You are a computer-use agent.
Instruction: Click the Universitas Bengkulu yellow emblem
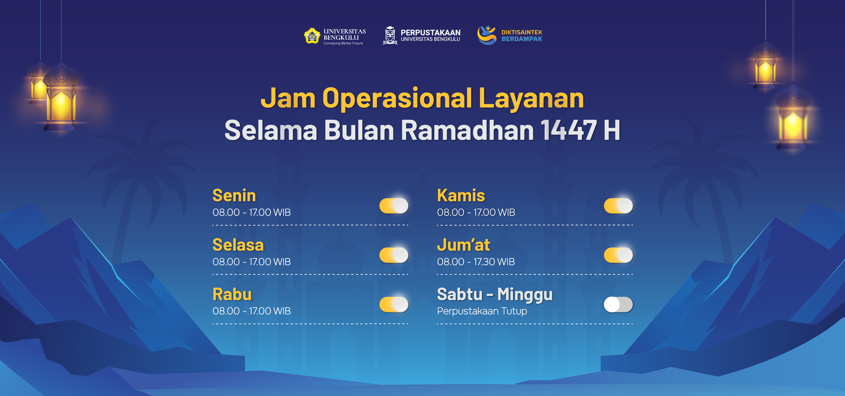(312, 36)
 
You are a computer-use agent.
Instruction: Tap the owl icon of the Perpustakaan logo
(390, 35)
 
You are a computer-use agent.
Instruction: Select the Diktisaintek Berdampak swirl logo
(487, 35)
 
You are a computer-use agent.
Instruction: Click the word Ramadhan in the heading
(467, 130)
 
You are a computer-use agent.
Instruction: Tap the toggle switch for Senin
(394, 206)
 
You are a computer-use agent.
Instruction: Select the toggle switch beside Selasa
(394, 255)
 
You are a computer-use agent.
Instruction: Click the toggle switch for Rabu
(394, 305)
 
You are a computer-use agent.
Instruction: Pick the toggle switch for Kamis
(618, 206)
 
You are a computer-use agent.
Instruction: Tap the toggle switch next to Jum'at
(618, 255)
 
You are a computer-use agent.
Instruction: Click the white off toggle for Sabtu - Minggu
(618, 305)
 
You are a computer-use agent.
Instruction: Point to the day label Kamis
(461, 196)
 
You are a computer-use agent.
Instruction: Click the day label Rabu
(232, 294)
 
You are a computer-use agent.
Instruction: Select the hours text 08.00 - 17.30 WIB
(476, 262)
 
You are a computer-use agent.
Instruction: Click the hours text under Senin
(252, 212)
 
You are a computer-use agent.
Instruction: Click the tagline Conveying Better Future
(343, 43)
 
